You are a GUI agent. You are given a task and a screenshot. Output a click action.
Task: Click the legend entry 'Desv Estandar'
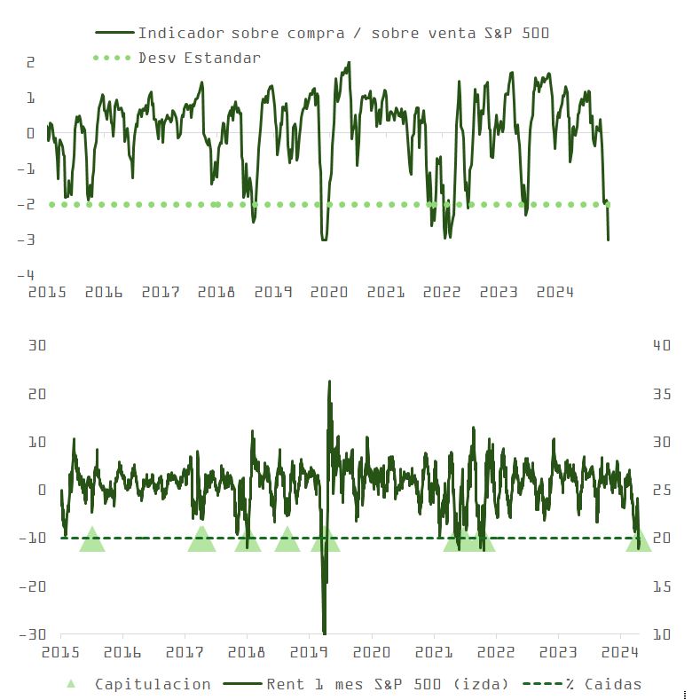[199, 58]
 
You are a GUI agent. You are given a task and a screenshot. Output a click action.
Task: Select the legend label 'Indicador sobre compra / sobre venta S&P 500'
[343, 34]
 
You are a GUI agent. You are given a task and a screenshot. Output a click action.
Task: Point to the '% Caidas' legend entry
[612, 684]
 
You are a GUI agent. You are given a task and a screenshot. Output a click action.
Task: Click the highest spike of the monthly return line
[330, 381]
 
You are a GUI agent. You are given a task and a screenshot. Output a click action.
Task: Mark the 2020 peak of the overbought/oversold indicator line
[348, 63]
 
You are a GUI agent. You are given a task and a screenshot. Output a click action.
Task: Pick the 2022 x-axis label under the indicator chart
[442, 292]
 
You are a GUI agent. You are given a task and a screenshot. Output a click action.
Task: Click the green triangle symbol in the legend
[71, 684]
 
